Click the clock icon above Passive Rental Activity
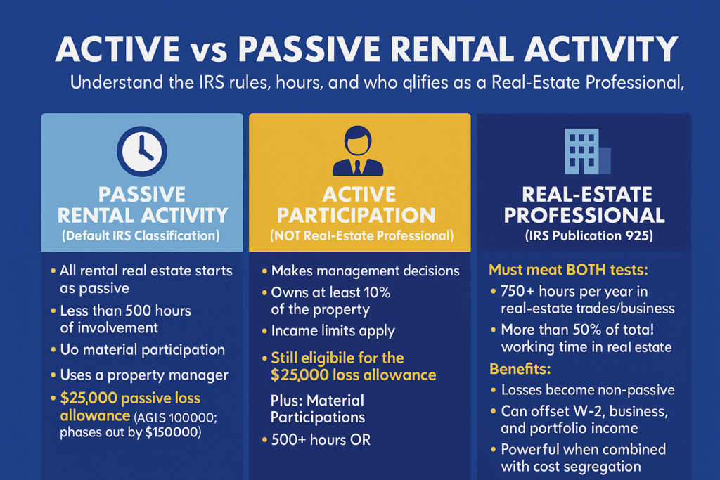click(x=142, y=150)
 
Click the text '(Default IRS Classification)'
click(x=142, y=236)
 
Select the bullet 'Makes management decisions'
click(x=366, y=271)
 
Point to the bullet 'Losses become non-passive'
click(x=587, y=390)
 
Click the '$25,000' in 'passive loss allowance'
click(x=90, y=399)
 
